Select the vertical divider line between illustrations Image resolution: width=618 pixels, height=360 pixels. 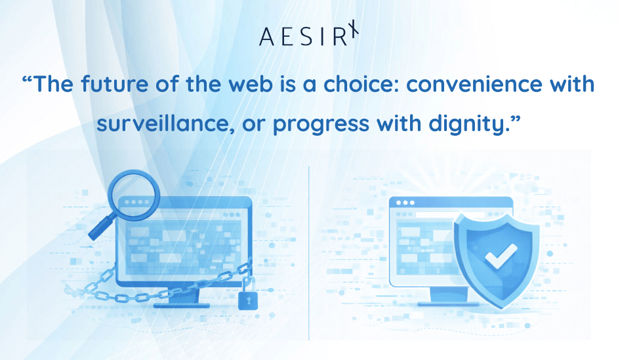[x=308, y=252]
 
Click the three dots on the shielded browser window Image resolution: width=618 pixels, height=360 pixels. [x=402, y=203]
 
